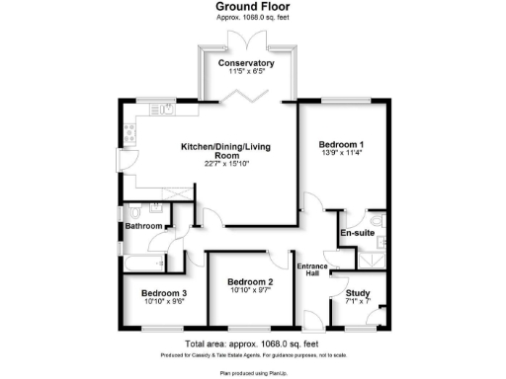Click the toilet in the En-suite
379,222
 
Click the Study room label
357,293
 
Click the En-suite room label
356,233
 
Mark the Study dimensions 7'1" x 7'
357,303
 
